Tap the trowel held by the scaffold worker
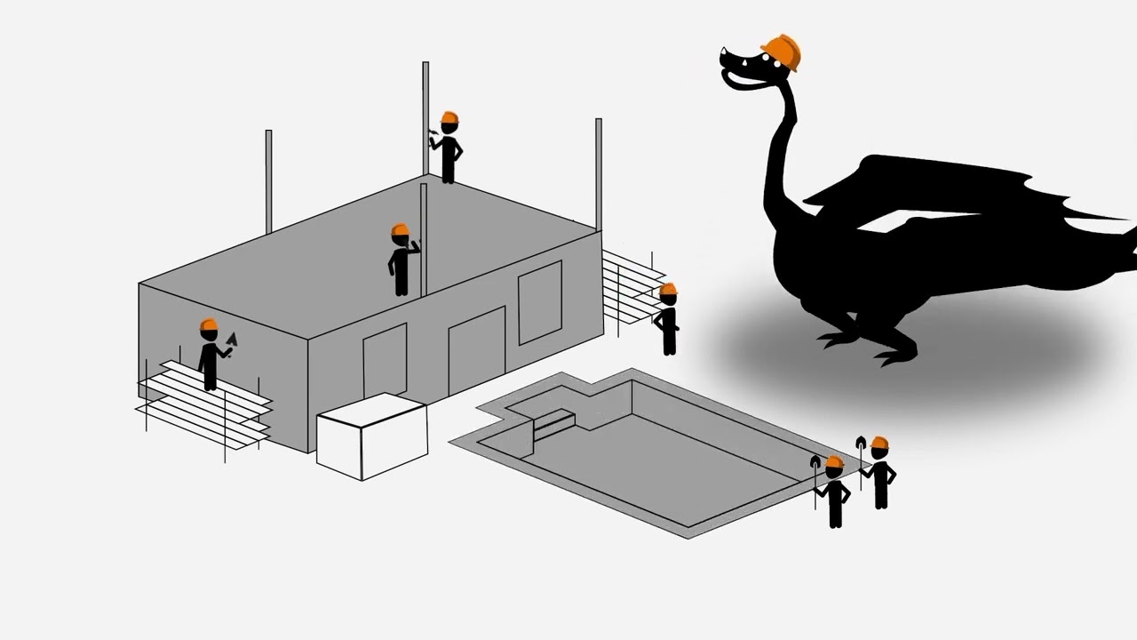tap(233, 340)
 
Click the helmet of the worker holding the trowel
tap(209, 325)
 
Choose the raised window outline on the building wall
tap(539, 302)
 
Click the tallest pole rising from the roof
tap(425, 116)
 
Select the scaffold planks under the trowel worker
tap(204, 400)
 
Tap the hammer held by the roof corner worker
tap(433, 132)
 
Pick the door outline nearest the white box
tap(385, 361)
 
